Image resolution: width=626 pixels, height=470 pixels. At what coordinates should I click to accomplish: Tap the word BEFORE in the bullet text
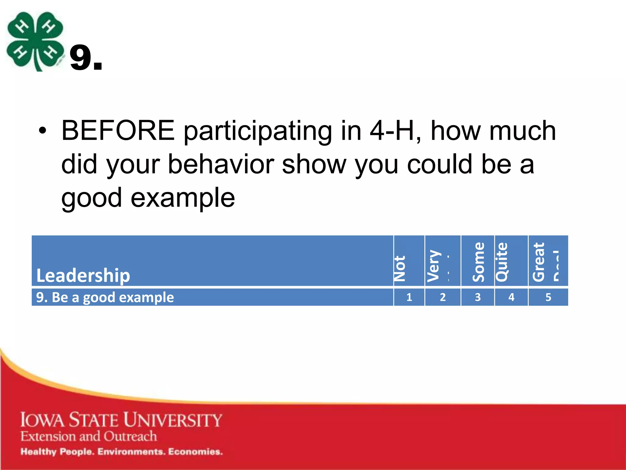point(118,131)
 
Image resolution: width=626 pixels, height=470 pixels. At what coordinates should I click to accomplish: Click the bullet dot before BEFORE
point(43,131)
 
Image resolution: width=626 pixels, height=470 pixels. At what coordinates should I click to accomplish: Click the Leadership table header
point(83,275)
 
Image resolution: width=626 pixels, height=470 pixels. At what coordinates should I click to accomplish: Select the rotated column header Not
point(400,268)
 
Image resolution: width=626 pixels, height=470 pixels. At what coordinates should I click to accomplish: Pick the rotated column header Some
point(479,262)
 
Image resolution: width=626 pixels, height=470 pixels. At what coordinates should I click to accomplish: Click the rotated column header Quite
point(502,262)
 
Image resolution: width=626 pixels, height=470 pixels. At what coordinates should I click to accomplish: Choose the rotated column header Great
point(539,262)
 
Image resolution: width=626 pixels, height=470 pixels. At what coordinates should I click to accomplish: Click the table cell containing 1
point(409,297)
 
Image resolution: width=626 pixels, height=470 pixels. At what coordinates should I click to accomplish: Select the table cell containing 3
point(477,297)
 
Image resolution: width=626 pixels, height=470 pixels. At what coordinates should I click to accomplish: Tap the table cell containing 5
point(548,297)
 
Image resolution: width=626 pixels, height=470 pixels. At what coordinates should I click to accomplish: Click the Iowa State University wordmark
point(121,420)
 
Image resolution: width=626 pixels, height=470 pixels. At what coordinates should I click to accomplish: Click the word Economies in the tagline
point(195,452)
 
